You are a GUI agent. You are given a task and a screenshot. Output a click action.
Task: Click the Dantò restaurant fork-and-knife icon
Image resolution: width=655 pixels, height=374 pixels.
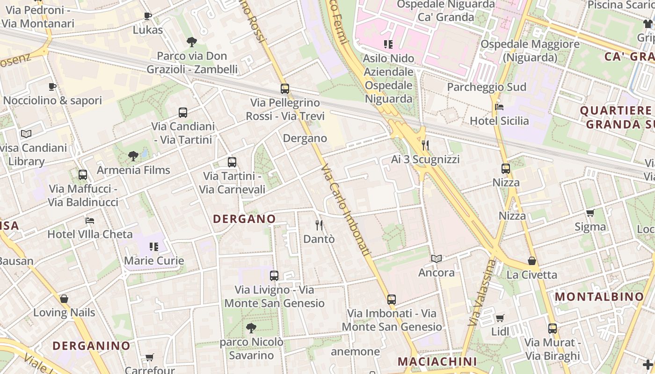point(319,225)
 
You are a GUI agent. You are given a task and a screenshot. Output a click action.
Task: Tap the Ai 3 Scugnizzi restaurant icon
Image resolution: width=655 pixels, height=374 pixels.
point(425,145)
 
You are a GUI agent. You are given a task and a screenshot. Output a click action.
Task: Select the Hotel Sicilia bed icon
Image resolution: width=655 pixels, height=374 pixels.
point(499,107)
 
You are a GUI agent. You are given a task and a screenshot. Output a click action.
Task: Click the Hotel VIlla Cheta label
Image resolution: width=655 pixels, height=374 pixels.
point(90,234)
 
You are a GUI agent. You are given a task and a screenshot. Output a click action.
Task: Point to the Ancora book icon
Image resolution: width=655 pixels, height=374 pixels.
point(436,259)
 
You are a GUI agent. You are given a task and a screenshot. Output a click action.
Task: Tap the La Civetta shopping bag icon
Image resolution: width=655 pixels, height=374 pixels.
point(531,261)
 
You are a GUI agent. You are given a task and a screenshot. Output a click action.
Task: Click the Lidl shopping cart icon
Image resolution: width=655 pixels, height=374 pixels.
point(500,318)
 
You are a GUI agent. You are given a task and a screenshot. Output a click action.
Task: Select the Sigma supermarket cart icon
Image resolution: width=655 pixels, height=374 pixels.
point(590,213)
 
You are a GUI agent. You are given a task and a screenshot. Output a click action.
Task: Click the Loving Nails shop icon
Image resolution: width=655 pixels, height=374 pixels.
point(64,299)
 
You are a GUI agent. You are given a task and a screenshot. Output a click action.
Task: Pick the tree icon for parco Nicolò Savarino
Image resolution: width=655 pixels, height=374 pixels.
point(251,328)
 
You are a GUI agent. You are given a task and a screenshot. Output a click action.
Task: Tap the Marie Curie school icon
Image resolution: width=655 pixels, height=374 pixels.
point(153,246)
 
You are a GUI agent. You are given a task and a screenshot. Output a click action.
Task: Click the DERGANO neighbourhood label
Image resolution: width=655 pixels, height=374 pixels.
point(244,219)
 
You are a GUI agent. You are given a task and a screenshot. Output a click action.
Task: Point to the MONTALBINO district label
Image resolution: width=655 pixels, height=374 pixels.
point(599,297)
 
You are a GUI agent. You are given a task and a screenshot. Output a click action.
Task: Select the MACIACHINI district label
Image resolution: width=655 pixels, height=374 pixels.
point(437,361)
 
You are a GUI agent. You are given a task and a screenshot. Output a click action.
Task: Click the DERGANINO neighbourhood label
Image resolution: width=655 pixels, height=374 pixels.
point(91,346)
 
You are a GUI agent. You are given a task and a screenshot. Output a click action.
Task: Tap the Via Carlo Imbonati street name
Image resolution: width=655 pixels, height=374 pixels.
point(346,209)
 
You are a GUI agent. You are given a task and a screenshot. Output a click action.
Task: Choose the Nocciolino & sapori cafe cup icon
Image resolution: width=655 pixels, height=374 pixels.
point(52,86)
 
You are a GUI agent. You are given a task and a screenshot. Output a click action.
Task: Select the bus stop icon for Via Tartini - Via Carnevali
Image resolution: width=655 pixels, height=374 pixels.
point(232,162)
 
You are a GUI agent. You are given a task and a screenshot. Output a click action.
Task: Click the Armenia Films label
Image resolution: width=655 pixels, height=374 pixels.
point(133,170)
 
